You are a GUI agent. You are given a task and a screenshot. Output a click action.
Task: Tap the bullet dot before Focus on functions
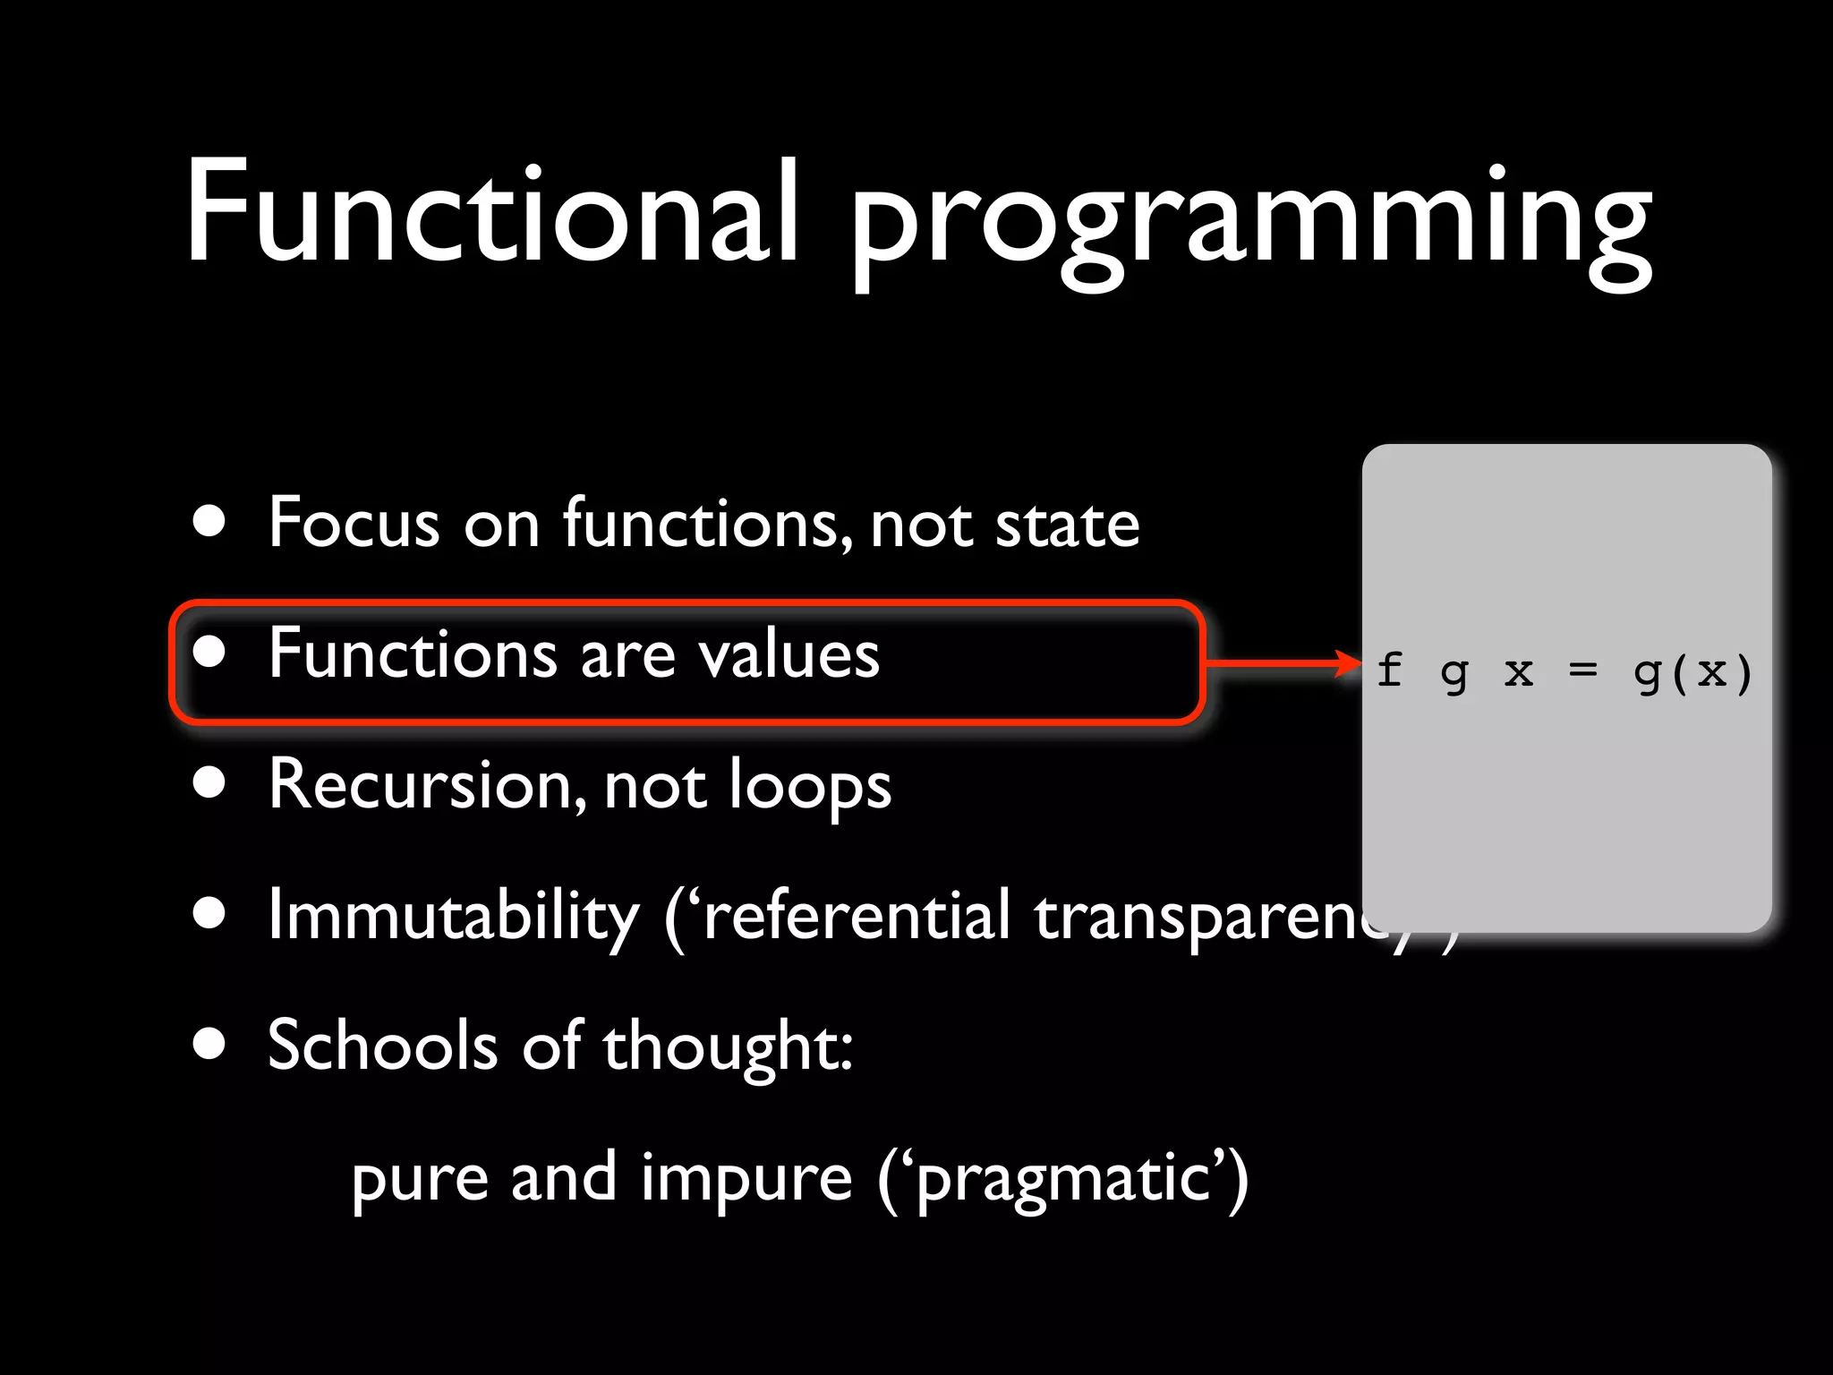pyautogui.click(x=209, y=522)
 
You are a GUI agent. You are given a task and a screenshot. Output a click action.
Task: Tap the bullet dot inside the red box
pyautogui.click(x=209, y=653)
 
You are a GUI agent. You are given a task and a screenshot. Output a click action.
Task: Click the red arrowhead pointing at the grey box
pyautogui.click(x=1348, y=663)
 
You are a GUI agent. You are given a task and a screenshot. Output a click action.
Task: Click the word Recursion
pyautogui.click(x=421, y=785)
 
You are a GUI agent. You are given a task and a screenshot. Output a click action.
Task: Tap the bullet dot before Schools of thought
pyautogui.click(x=209, y=1044)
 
